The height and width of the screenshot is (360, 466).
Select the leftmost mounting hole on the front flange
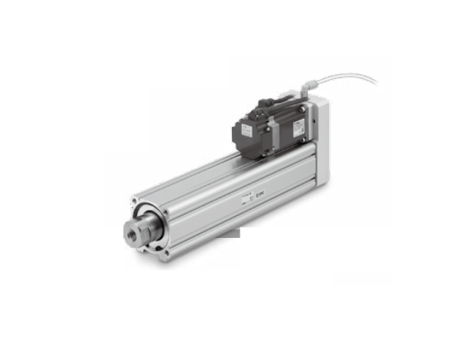point(133,202)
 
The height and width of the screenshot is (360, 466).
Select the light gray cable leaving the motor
point(345,77)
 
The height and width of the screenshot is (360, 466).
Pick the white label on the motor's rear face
point(246,125)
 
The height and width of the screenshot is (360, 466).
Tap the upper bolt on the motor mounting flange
point(303,110)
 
